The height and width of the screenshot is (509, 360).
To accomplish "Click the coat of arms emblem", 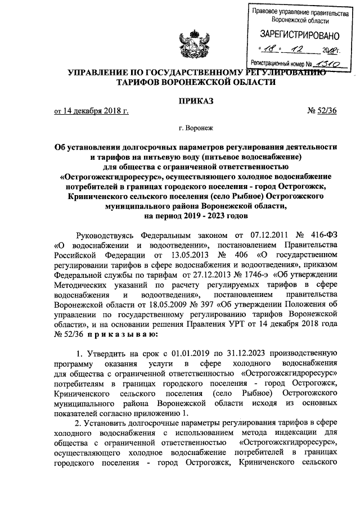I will coord(179,43).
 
